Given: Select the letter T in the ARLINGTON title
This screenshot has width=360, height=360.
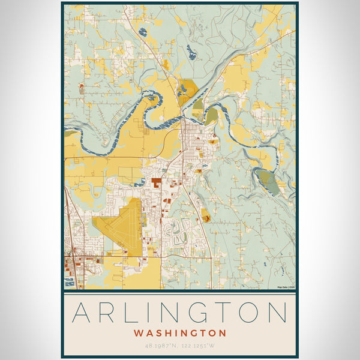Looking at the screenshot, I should pos(224,313).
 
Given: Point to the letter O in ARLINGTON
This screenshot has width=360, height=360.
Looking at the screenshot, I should pos(250,313).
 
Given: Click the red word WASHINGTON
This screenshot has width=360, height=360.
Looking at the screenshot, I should pos(180,332).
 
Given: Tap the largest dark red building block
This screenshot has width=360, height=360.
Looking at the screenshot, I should pos(157,182).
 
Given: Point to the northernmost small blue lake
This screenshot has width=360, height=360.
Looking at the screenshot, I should pos(142,32).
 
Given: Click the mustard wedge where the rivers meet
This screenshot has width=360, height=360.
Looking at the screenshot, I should pos(187,91).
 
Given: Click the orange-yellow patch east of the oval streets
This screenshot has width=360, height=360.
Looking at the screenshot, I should pos(206,217).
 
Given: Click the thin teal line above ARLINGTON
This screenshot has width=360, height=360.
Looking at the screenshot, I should pos(180,295).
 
